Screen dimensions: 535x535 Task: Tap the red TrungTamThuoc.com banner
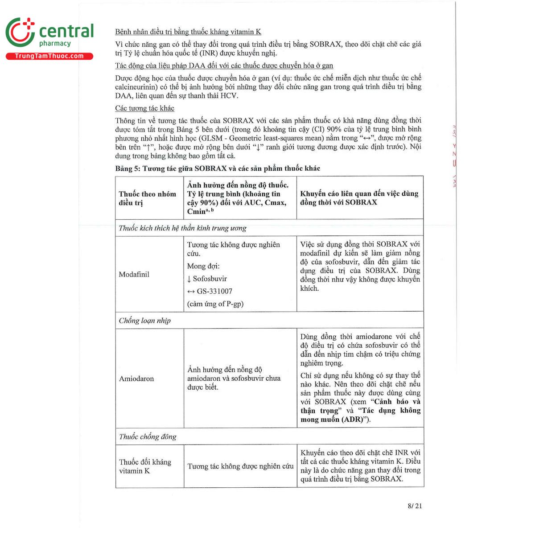49,56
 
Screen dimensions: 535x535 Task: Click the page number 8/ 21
414,506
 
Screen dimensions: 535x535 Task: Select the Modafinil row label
134,275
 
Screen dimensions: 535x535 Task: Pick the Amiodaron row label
136,379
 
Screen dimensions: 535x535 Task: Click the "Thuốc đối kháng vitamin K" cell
145,466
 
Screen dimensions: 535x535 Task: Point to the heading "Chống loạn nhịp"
145,321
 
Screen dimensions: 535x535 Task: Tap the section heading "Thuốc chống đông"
148,436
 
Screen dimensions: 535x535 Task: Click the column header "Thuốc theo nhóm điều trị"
148,198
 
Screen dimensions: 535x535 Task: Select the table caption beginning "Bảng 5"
218,169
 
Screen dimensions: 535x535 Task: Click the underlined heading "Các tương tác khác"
144,108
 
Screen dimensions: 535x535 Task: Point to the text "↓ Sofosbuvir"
207,279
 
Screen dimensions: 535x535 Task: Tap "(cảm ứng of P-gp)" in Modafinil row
215,304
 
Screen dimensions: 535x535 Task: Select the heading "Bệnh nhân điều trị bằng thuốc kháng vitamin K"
188,32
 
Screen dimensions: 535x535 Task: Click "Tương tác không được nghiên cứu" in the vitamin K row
240,466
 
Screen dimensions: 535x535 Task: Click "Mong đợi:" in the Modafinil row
203,266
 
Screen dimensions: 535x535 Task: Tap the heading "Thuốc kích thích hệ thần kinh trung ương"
183,228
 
